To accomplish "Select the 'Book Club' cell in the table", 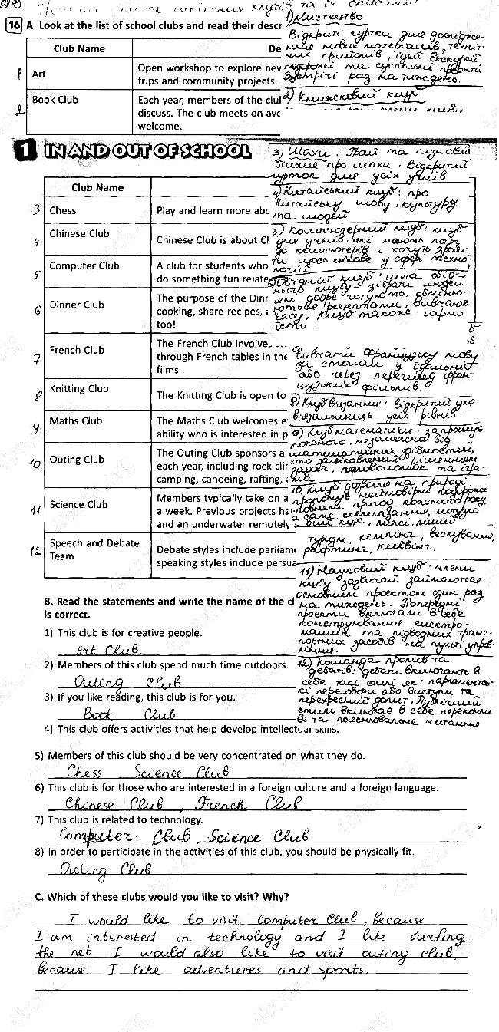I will (55, 99).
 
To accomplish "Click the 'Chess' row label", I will (63, 210).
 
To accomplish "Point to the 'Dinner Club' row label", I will (76, 305).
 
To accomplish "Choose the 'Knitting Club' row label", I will (79, 389).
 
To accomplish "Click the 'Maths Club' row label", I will (75, 420).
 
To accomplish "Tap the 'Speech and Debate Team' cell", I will (84, 549).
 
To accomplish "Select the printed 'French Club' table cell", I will (77, 350).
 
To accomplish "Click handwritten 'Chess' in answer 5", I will (84, 772).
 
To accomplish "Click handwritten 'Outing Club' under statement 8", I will (103, 869).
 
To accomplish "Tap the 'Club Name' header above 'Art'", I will (79, 48).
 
